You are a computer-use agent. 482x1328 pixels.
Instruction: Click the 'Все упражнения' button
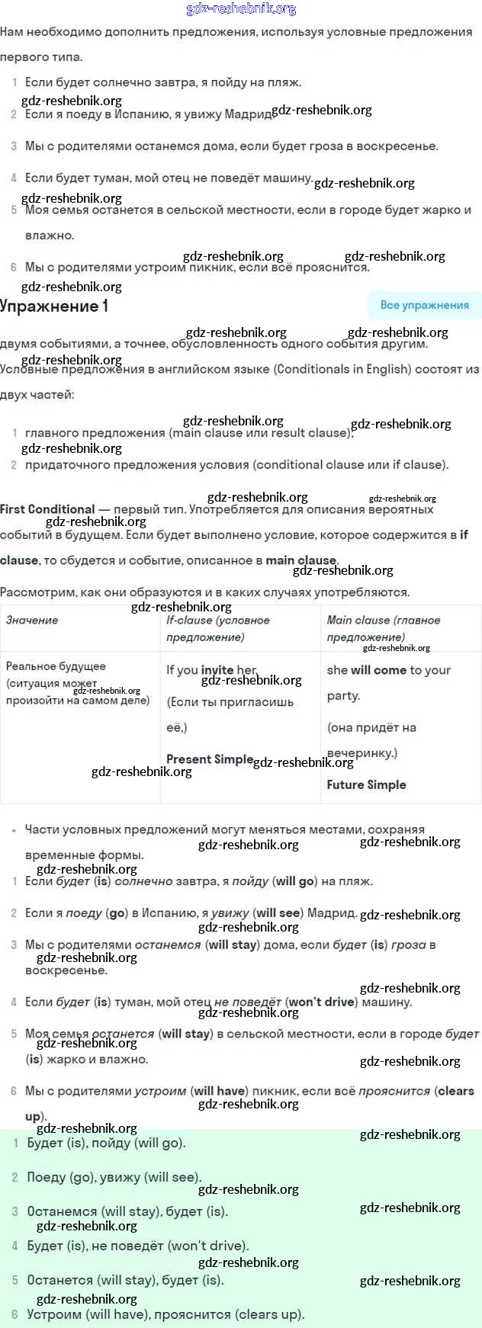[x=424, y=305]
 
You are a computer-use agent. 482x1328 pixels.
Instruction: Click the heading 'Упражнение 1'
[x=54, y=306]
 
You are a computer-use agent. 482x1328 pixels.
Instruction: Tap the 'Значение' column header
[x=32, y=621]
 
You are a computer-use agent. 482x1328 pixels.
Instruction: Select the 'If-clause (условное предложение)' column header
[x=218, y=628]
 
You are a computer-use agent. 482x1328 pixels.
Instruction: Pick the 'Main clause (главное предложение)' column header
[x=384, y=628]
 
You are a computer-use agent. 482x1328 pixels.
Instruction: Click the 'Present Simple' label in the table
[x=209, y=759]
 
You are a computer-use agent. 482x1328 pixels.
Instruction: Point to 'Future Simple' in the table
[x=366, y=784]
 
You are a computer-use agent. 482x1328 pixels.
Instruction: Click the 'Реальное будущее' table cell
[x=56, y=666]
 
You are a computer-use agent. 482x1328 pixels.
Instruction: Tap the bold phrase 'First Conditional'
[x=47, y=509]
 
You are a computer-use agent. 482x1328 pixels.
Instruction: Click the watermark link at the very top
[x=241, y=9]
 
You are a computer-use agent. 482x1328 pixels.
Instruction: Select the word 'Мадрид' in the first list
[x=250, y=114]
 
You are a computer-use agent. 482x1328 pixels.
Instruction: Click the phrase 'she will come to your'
[x=389, y=670]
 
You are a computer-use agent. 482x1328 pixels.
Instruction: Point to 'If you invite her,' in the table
[x=212, y=670]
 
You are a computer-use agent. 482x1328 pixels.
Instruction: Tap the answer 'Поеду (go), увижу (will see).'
[x=114, y=1177]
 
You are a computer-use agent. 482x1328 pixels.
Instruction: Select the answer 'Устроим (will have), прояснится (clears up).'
[x=165, y=1314]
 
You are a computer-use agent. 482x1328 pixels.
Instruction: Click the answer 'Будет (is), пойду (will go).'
[x=106, y=1143]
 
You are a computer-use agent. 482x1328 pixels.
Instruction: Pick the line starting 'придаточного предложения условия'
[x=236, y=464]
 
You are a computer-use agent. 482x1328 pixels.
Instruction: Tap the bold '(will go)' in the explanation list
[x=295, y=881]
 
